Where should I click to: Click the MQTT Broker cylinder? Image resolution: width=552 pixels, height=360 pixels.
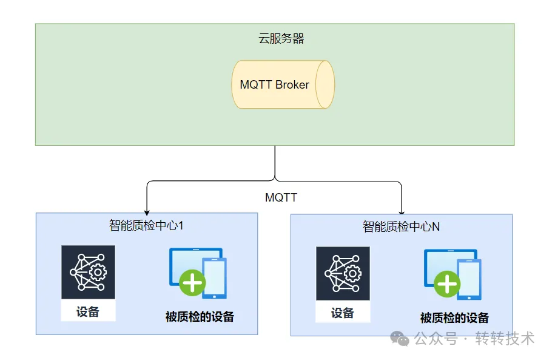[x=283, y=84]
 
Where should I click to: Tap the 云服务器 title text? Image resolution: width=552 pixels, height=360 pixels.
[x=281, y=39]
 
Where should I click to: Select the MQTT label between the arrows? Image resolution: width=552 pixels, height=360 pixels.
[x=281, y=198]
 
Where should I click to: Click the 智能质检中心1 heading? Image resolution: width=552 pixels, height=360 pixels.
[x=146, y=225]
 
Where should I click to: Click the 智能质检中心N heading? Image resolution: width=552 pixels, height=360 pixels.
[x=401, y=227]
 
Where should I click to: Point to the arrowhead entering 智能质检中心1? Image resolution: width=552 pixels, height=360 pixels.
[x=147, y=209]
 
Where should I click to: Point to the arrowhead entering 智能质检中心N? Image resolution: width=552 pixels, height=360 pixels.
[x=402, y=210]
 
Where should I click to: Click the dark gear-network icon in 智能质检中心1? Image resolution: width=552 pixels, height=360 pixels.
[x=88, y=272]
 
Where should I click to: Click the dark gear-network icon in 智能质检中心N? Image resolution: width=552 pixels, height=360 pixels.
[x=343, y=273]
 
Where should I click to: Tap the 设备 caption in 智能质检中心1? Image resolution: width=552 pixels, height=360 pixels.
[x=88, y=312]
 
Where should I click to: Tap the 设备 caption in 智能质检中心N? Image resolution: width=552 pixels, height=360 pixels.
[x=343, y=313]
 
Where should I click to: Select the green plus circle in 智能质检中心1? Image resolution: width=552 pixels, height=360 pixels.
[x=193, y=283]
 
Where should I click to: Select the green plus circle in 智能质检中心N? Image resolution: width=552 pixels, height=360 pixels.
[x=448, y=284]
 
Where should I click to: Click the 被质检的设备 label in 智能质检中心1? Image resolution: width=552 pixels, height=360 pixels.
[x=200, y=316]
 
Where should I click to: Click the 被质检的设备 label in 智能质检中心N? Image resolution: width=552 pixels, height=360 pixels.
[x=454, y=318]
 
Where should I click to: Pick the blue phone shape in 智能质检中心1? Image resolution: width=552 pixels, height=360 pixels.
[x=214, y=278]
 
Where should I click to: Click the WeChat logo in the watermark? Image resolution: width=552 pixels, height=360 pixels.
[x=399, y=338]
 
